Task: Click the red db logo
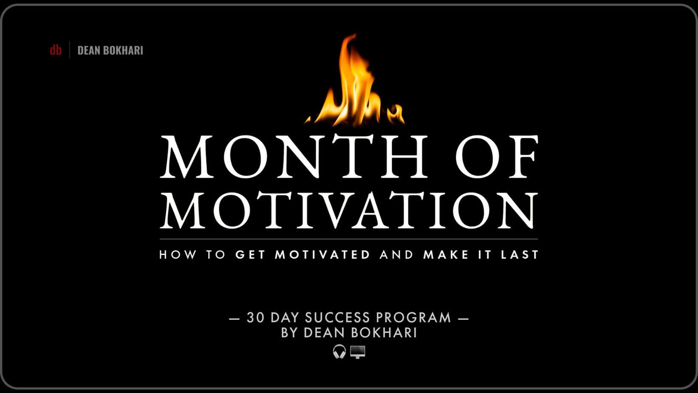(x=56, y=50)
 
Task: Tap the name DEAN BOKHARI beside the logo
(x=110, y=51)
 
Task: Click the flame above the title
(x=355, y=80)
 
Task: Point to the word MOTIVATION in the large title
(x=349, y=210)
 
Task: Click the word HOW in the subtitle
(x=178, y=255)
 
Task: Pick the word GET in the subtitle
(x=250, y=255)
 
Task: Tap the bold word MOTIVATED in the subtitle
(x=322, y=255)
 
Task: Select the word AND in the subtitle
(x=396, y=255)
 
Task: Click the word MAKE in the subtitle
(x=446, y=255)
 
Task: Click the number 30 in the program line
(x=256, y=318)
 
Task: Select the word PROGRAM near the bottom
(x=413, y=318)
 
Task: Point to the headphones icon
(x=339, y=352)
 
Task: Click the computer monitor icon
(x=357, y=352)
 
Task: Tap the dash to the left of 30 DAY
(x=235, y=319)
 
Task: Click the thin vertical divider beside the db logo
(x=70, y=50)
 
